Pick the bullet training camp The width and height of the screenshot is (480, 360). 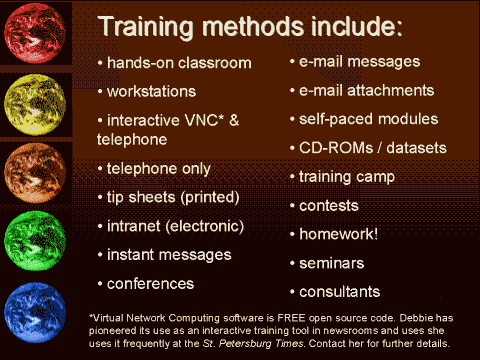pos(347,176)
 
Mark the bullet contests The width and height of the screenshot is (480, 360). pos(329,205)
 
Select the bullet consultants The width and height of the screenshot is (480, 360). pos(339,292)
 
